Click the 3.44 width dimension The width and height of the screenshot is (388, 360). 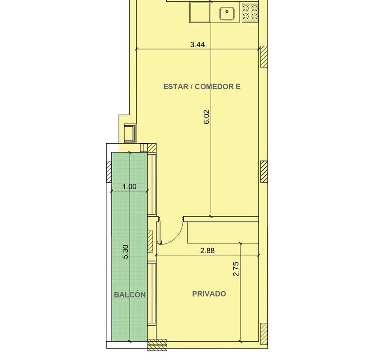click(x=197, y=44)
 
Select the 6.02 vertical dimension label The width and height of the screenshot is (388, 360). click(x=207, y=116)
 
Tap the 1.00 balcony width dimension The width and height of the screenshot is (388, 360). click(x=130, y=186)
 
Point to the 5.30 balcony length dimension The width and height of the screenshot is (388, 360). click(x=126, y=252)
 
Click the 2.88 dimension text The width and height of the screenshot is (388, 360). click(x=208, y=251)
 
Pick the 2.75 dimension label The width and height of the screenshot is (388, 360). click(x=236, y=269)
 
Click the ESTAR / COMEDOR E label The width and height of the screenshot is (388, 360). click(x=202, y=87)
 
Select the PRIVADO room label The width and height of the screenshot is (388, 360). click(x=209, y=294)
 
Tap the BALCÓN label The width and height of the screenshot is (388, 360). click(x=130, y=294)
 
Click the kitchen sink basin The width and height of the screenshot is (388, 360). click(x=227, y=13)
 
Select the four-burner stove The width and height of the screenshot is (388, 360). click(x=251, y=13)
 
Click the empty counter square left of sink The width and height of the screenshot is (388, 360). click(x=200, y=12)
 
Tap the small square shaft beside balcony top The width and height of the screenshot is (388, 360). click(x=130, y=133)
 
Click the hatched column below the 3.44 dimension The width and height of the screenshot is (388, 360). click(x=264, y=56)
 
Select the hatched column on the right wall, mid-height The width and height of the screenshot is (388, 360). click(x=264, y=172)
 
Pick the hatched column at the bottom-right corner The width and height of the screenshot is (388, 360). click(x=264, y=334)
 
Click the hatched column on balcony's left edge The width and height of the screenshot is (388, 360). click(x=109, y=172)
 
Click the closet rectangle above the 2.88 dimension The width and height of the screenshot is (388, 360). click(x=223, y=233)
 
